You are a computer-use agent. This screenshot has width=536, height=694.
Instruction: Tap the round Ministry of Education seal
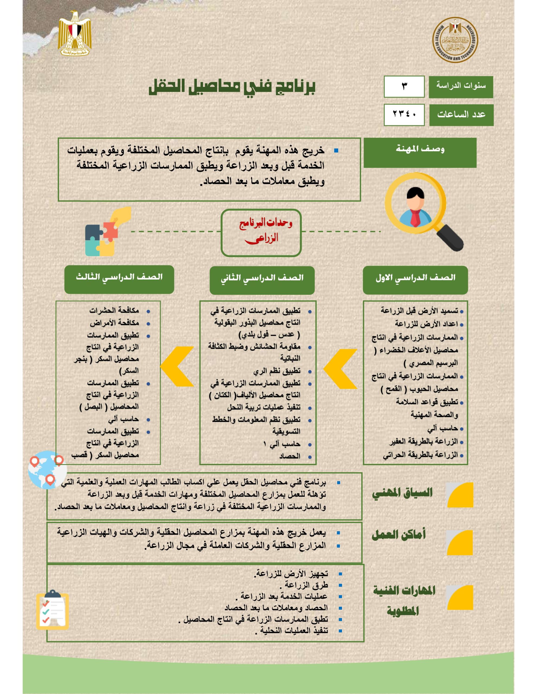[x=455, y=40]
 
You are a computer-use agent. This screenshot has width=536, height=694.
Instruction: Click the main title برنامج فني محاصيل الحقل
[x=232, y=86]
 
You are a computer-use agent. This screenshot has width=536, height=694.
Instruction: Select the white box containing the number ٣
[x=404, y=86]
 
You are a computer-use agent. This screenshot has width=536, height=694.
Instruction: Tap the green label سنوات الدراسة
[x=461, y=86]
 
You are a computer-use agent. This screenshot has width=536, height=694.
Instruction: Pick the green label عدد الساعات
[x=461, y=115]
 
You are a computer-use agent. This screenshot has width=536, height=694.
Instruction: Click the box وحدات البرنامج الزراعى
[x=261, y=232]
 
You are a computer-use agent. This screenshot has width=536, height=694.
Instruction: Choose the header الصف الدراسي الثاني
[x=262, y=280]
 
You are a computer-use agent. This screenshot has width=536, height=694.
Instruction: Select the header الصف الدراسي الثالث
[x=119, y=279]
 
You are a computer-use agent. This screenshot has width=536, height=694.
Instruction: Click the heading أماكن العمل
[x=398, y=535]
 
